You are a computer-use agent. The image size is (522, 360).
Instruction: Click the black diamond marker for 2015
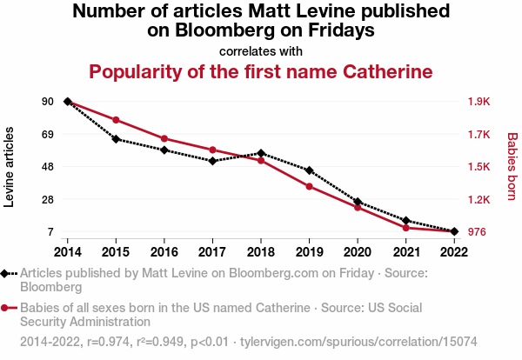pos(116,139)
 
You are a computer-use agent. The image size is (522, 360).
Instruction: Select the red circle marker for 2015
pos(116,120)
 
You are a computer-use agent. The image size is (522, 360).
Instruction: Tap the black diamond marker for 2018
pos(261,153)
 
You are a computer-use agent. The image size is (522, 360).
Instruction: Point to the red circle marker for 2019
pos(309,187)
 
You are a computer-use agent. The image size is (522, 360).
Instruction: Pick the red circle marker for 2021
pos(406,228)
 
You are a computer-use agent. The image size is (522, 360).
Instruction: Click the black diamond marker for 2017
pos(212,161)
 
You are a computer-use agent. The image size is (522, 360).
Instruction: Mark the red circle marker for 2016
pos(164,138)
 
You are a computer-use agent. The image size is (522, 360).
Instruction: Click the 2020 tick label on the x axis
pos(358,251)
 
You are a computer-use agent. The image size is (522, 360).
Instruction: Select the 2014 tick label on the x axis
pos(68,251)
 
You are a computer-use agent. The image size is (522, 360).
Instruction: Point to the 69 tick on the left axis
pos(47,135)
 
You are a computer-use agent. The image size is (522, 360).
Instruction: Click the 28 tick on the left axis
pos(47,200)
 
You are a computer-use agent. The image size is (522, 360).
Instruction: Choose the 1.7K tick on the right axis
pos(479,135)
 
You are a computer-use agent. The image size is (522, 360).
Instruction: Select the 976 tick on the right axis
pos(478,232)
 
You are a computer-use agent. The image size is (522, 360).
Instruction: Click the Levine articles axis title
pos(10,167)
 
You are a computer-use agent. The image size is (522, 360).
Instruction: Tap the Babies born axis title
pos(512,167)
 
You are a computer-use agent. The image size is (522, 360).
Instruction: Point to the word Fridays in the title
pos(335,30)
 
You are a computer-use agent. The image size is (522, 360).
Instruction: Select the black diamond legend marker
pos(7,273)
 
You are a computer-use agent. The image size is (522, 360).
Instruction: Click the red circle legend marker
pos(7,308)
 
